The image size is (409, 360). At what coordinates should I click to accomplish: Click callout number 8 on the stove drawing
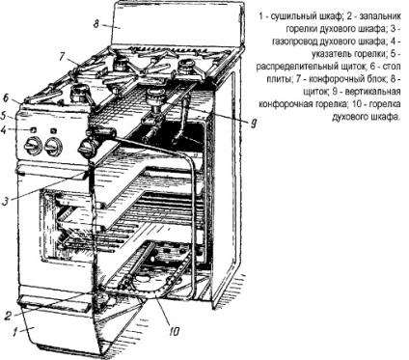[96, 24]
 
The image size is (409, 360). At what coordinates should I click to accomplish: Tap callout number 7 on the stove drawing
[63, 56]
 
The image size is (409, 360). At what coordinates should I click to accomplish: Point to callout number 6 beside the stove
[6, 97]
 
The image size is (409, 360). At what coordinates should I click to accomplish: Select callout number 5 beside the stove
[5, 114]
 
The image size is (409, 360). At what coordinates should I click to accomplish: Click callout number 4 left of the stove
[4, 130]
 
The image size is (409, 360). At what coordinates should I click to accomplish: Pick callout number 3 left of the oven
[5, 202]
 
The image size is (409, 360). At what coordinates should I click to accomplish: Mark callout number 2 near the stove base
[9, 316]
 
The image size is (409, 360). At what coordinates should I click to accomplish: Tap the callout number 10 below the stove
[174, 332]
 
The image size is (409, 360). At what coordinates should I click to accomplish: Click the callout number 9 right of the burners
[254, 124]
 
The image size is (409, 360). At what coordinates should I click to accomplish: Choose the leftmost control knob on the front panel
[33, 147]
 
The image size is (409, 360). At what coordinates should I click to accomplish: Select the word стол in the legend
[393, 67]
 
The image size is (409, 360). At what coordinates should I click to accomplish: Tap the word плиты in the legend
[277, 79]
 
